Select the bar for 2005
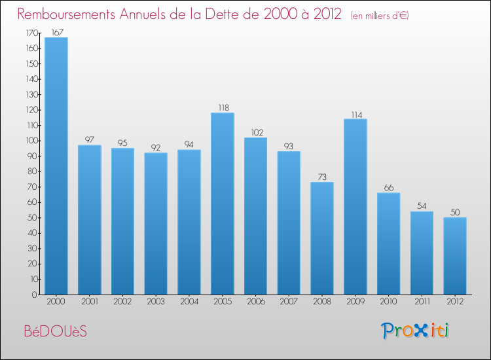(222, 204)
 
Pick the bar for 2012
(455, 256)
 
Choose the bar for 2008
(322, 238)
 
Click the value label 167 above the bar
(56, 32)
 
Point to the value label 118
(222, 108)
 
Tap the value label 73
(322, 177)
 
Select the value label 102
(255, 132)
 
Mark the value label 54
(422, 206)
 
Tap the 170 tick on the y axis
(31, 33)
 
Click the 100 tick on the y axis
(31, 141)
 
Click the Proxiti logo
(415, 331)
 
